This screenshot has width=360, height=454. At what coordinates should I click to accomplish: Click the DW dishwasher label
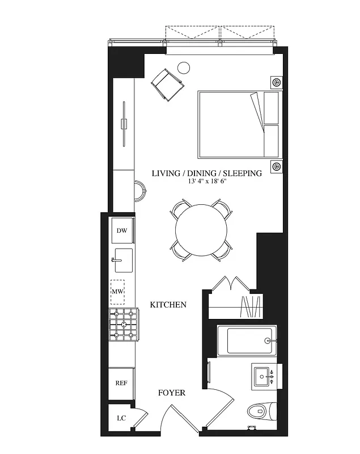(121, 230)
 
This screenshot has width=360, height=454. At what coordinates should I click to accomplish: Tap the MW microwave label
(117, 292)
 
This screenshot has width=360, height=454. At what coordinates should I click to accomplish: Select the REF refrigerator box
(121, 383)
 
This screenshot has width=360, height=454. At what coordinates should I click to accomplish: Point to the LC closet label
(121, 418)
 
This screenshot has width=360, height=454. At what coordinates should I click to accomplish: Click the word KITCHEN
(168, 305)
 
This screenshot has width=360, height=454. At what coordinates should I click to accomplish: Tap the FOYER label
(171, 393)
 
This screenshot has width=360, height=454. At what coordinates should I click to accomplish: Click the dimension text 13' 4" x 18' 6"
(206, 182)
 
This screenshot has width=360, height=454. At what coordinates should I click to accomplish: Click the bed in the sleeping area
(239, 124)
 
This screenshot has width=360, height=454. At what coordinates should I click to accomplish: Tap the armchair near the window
(168, 84)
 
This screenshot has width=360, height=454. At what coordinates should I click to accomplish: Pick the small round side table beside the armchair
(184, 68)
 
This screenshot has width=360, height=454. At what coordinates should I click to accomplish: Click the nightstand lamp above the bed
(276, 82)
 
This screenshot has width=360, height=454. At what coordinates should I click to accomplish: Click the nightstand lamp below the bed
(276, 167)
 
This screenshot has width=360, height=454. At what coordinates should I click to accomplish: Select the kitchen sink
(123, 260)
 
